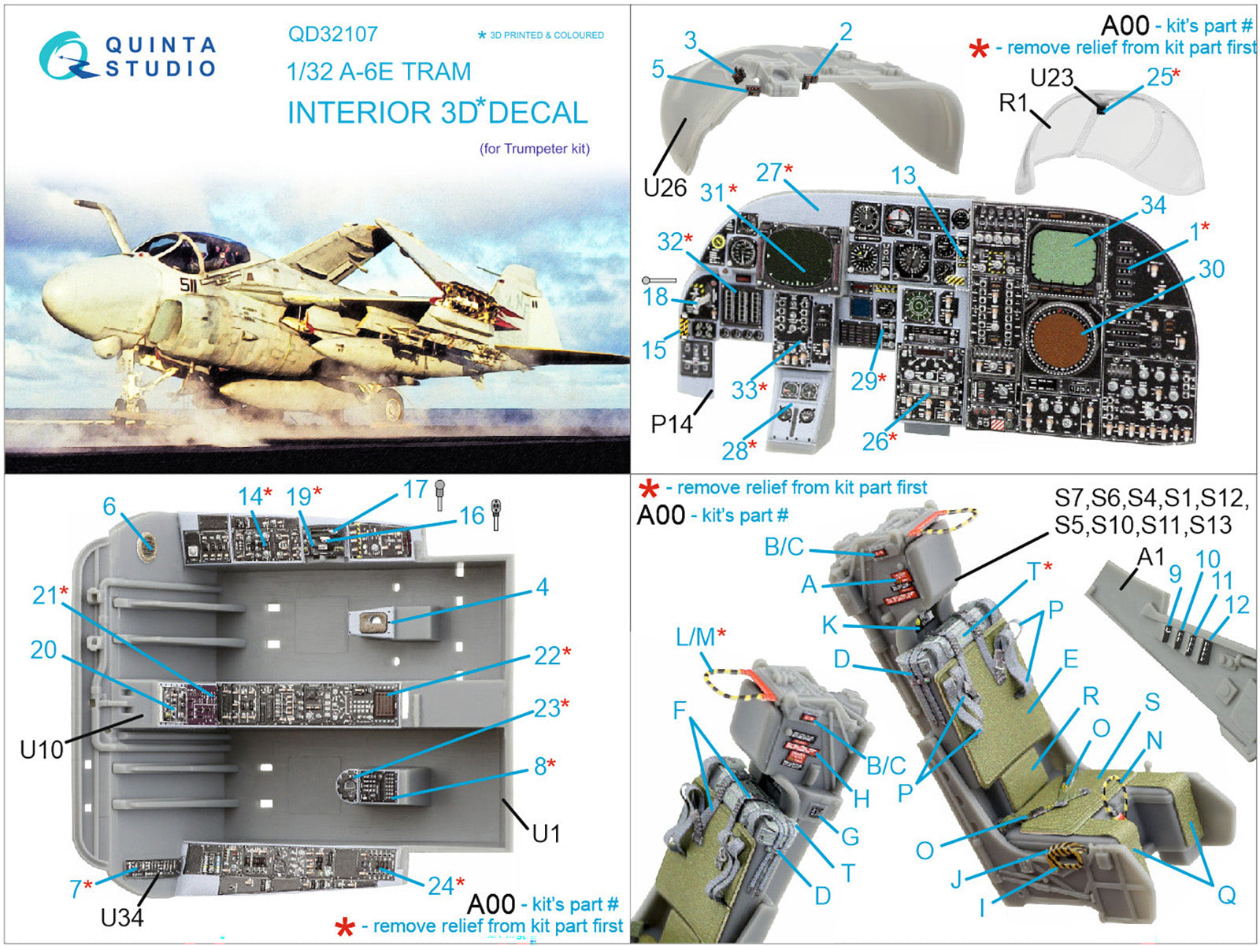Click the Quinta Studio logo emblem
click(x=69, y=55)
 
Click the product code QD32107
click(x=332, y=34)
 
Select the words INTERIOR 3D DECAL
click(x=437, y=113)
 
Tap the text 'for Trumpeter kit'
click(x=535, y=149)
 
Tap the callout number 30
click(x=1211, y=269)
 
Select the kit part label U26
click(x=665, y=187)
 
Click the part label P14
click(x=671, y=424)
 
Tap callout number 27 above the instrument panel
click(x=769, y=172)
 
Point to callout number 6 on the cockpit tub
click(x=109, y=506)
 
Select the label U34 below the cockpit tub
click(x=122, y=917)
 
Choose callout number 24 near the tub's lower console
click(x=441, y=885)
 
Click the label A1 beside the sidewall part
click(x=1151, y=557)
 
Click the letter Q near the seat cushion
click(x=1226, y=895)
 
